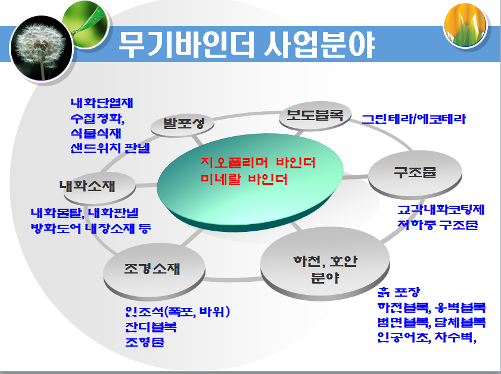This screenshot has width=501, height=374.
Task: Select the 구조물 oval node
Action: [x=415, y=173]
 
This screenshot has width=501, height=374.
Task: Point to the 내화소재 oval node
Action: [x=96, y=187]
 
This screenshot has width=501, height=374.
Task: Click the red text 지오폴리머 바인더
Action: [x=258, y=163]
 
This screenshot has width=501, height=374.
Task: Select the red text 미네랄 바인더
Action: [x=244, y=178]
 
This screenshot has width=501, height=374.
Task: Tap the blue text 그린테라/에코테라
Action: [x=414, y=119]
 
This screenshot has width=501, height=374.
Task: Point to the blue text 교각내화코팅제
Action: [x=441, y=210]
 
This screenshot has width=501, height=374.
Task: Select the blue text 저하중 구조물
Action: [x=437, y=225]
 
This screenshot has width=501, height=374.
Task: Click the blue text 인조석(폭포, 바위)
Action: [x=178, y=312]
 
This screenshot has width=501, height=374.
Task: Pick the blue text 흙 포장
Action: [x=399, y=292]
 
